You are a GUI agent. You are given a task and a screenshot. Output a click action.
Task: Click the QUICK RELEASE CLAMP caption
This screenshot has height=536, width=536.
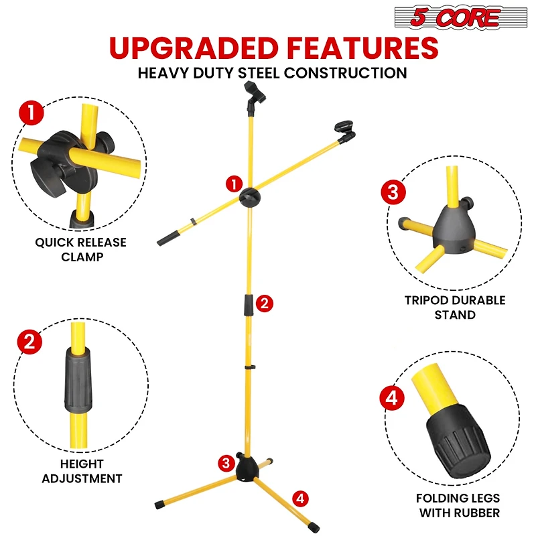coord(80,249)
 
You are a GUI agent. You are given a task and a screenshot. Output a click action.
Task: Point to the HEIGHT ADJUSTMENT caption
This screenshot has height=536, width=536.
coord(82,471)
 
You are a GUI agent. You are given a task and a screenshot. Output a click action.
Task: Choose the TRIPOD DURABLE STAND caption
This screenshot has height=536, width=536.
coord(455,308)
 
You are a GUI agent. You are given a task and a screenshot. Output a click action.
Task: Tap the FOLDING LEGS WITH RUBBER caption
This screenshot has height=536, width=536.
coord(458,506)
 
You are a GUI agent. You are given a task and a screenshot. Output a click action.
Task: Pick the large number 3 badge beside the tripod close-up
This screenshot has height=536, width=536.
coord(393,192)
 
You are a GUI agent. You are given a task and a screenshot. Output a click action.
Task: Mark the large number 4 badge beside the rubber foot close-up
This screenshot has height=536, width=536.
coord(392,399)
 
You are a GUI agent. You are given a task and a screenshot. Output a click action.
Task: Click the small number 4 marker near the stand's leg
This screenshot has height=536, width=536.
coord(300,498)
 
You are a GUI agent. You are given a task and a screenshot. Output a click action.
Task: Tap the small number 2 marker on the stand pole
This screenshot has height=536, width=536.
coord(265,303)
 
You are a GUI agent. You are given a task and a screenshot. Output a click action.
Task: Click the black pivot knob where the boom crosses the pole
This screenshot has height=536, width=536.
coord(251,197)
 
